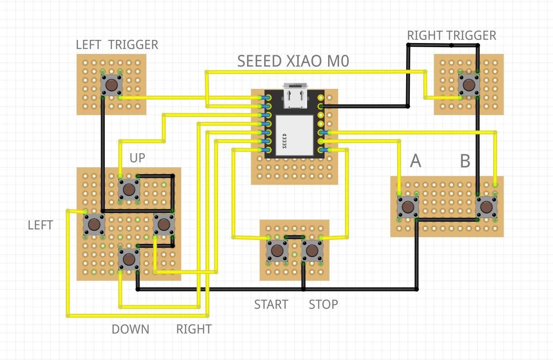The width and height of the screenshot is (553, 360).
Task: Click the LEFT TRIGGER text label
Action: (117, 44)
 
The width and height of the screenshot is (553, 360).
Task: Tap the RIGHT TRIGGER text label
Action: (451, 35)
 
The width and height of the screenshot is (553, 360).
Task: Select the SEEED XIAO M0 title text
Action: (293, 61)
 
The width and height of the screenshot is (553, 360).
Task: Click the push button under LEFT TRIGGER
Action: (111, 84)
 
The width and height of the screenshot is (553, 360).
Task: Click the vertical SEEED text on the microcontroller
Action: (285, 141)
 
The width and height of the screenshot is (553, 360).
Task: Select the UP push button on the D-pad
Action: (129, 189)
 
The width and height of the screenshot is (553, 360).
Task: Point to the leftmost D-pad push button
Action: (94, 224)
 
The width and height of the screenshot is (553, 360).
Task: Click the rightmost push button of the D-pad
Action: (164, 224)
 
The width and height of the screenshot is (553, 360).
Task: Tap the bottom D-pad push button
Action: (129, 259)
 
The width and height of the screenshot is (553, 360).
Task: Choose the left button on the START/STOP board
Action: (276, 250)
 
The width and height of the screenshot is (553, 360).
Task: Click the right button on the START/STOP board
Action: (311, 250)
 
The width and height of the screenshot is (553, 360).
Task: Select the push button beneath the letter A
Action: (407, 207)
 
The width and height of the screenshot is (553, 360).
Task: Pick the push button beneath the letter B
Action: (486, 207)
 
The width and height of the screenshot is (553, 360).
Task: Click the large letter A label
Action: (415, 161)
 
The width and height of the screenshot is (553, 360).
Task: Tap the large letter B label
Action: (465, 161)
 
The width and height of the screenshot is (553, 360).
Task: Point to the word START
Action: (271, 304)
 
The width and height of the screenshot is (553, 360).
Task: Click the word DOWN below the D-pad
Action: (130, 329)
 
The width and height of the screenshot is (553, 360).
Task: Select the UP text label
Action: (137, 158)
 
